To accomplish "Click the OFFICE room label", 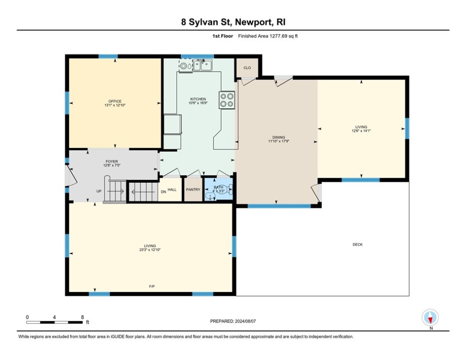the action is pos(115,101).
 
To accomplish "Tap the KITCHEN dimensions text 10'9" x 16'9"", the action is pos(198,103).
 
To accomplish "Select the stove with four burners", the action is pos(227,100).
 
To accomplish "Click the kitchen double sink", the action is pos(202,65).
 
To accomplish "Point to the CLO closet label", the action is pos(247,68).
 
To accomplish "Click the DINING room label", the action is pos(279,137).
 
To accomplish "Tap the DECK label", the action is pos(357,245).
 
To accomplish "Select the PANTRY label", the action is pos(193,189).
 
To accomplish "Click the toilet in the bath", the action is pos(228,190).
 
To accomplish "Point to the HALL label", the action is pos(172,189).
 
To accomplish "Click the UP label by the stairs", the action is pos(99,191).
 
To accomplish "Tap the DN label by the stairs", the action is pos(163,192).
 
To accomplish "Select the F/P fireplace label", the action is pos(152,286).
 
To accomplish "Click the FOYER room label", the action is pos(112,162).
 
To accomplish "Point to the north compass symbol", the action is pos(430,318).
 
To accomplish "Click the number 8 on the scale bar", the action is pos(82,317).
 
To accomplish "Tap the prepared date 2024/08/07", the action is pos(245,321).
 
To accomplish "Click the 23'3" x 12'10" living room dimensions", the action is pos(150,250).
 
